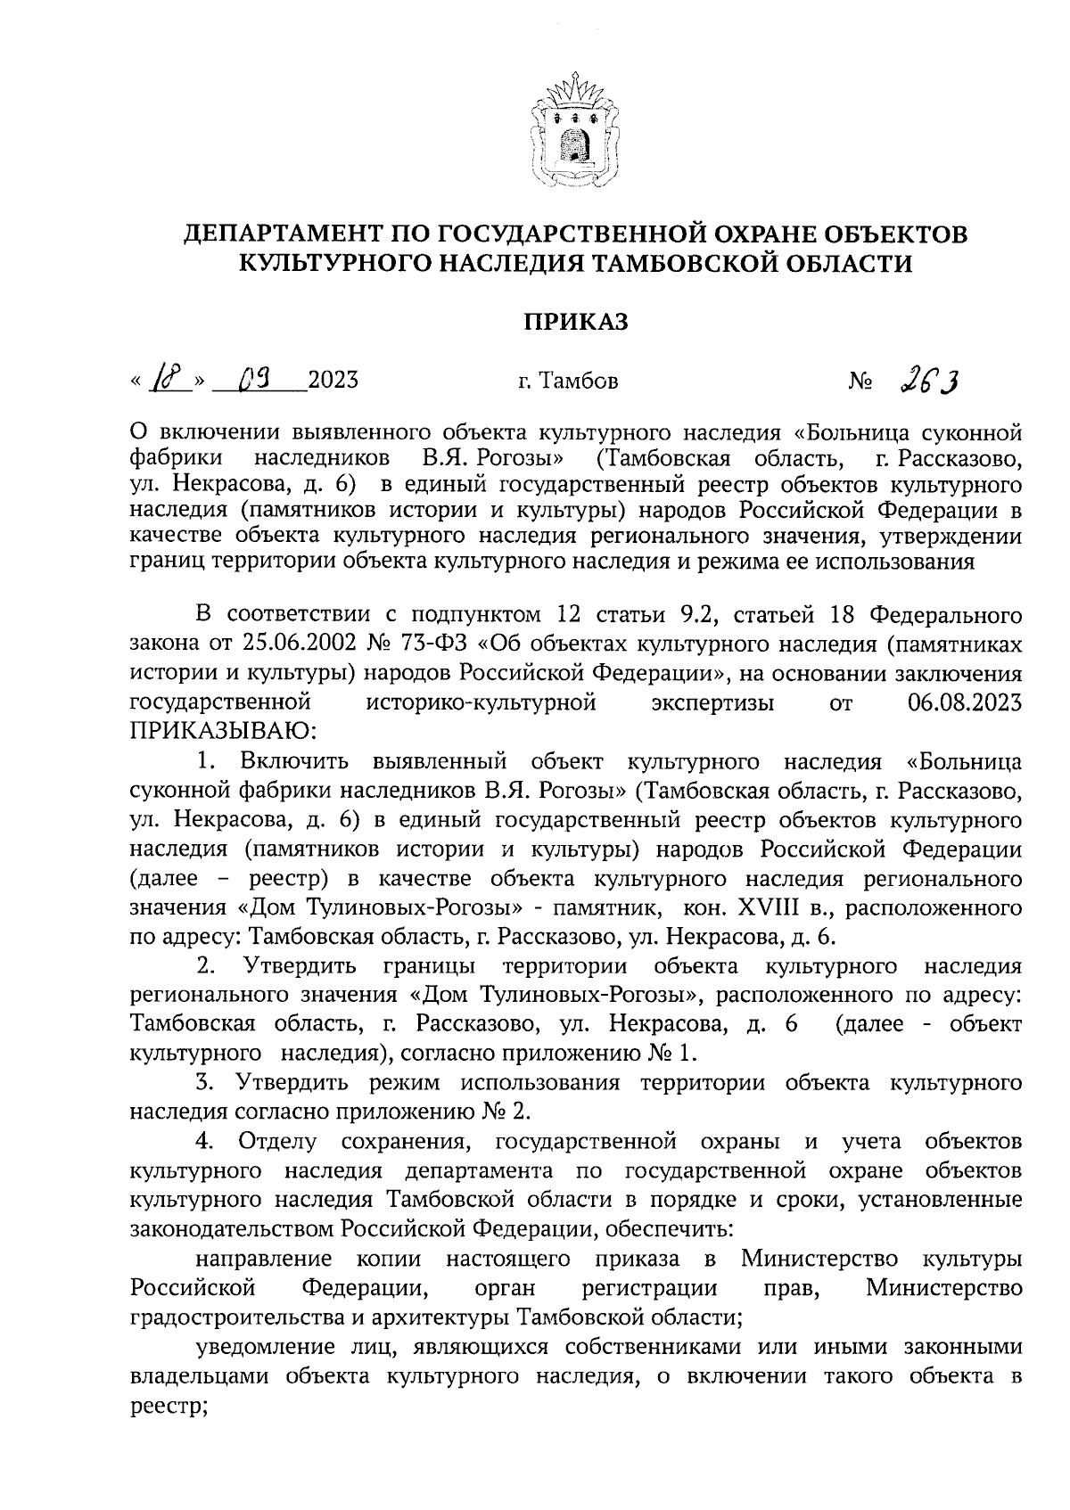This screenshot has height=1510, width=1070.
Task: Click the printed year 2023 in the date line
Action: tap(333, 382)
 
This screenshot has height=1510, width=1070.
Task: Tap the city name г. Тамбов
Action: tap(567, 382)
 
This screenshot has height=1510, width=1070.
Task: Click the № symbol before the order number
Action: tap(860, 382)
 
